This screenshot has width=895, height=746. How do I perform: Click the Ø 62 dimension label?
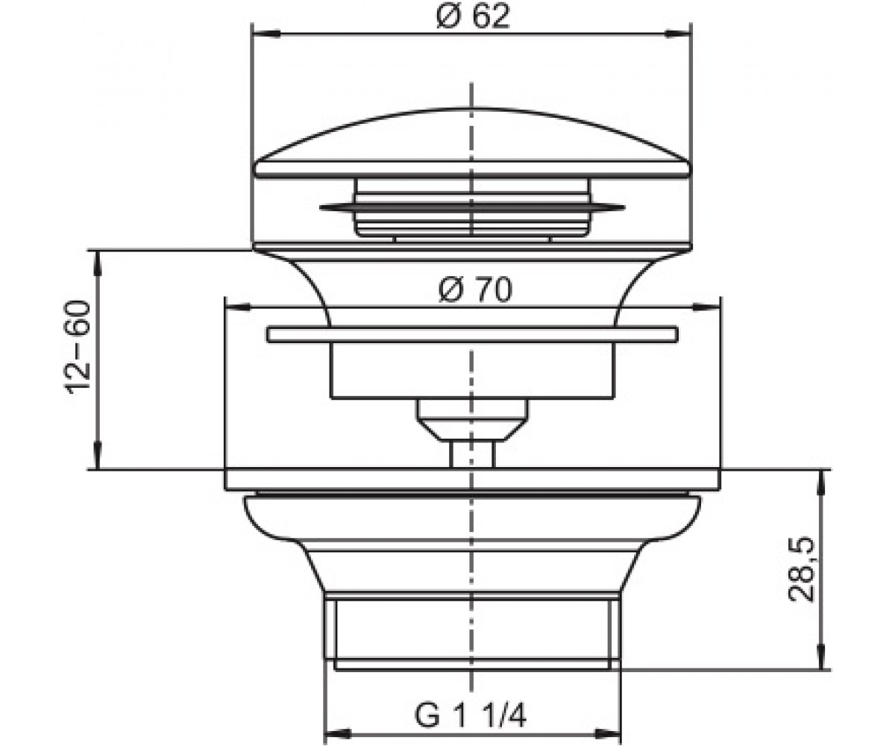(473, 16)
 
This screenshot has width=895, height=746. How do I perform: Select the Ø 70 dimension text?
(475, 289)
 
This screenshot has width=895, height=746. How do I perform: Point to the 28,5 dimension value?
(801, 569)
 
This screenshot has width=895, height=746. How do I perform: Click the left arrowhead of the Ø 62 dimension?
(266, 34)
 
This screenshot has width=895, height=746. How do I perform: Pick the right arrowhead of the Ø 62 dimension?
(678, 34)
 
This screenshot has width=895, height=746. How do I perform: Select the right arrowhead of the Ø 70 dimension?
(706, 307)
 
